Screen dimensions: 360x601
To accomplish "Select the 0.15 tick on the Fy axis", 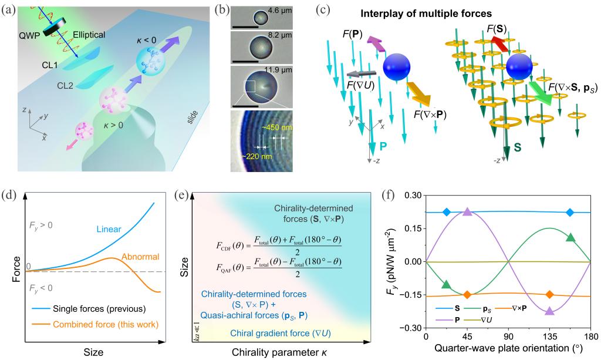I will click(x=413, y=229).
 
